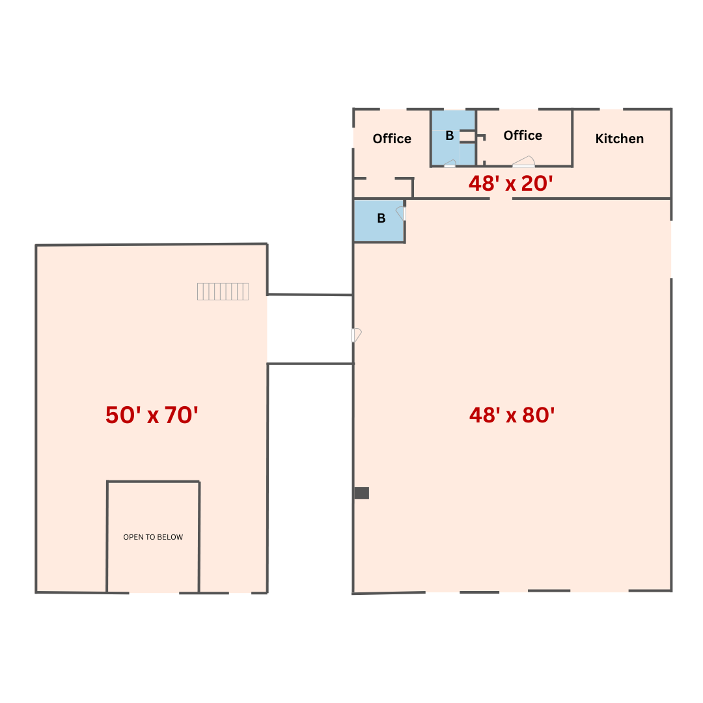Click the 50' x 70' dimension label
click(x=152, y=415)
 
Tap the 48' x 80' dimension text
click(x=512, y=415)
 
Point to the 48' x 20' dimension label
click(x=511, y=184)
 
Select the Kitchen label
click(x=619, y=139)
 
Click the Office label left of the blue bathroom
click(x=392, y=139)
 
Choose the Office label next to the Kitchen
click(x=523, y=135)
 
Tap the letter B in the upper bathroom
click(x=450, y=136)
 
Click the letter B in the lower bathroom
click(x=381, y=218)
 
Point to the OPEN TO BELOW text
click(x=153, y=537)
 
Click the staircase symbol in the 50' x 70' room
click(x=223, y=292)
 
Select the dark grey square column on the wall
click(x=362, y=493)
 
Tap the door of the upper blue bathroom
click(x=450, y=163)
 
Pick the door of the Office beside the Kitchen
click(x=523, y=161)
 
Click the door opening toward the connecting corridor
click(x=357, y=335)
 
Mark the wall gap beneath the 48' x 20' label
click(x=501, y=199)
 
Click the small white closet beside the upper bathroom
click(x=467, y=136)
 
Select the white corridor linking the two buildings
click(x=310, y=329)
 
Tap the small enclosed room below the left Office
click(x=383, y=188)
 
